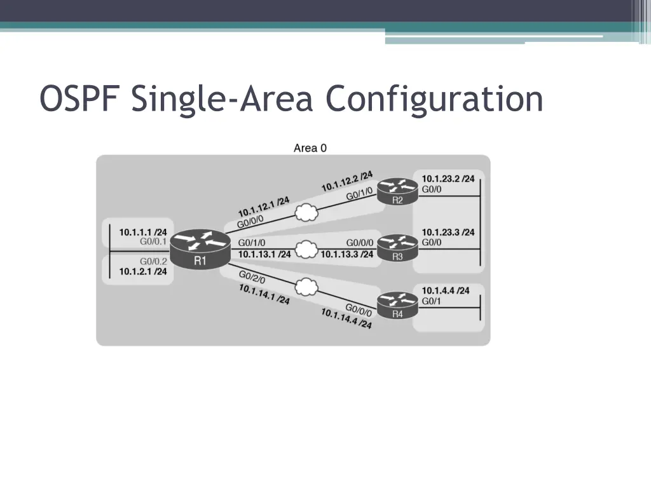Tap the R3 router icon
coord(397,247)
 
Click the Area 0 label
coord(310,148)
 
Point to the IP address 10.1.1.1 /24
coord(143,232)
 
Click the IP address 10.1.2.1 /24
coord(143,271)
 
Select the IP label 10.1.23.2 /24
coord(448,179)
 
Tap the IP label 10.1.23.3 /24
coord(448,232)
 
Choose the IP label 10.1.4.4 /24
coord(446,290)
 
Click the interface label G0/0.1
coord(153,241)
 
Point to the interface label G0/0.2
coord(153,261)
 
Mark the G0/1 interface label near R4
coord(431,301)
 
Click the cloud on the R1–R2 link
coord(306,213)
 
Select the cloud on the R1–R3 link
coord(306,249)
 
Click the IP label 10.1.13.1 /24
coord(264,254)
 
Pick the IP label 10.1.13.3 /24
coord(347,254)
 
